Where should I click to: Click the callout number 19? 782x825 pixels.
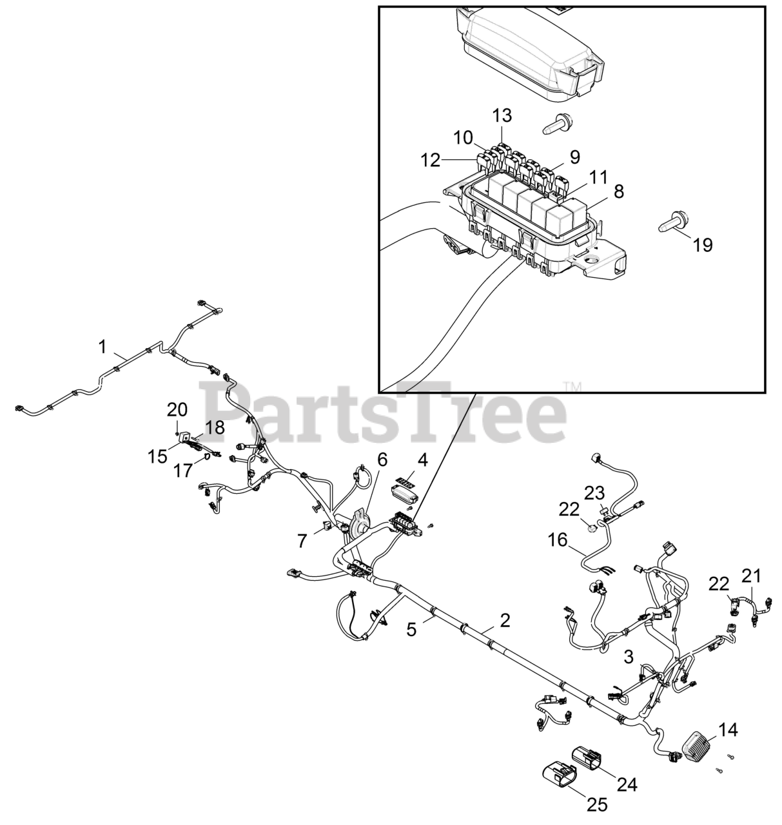[x=703, y=244]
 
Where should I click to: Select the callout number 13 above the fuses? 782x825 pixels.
[x=502, y=115]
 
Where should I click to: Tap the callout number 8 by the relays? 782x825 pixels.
[x=618, y=191]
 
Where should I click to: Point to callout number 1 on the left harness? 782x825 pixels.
[x=102, y=347]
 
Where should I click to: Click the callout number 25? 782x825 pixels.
[x=596, y=804]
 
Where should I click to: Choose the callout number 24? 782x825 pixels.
[x=627, y=784]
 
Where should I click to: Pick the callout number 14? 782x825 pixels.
[x=728, y=730]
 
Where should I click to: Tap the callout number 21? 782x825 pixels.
[x=751, y=574]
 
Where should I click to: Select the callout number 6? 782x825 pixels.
[x=382, y=460]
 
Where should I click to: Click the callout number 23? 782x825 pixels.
[x=594, y=493]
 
